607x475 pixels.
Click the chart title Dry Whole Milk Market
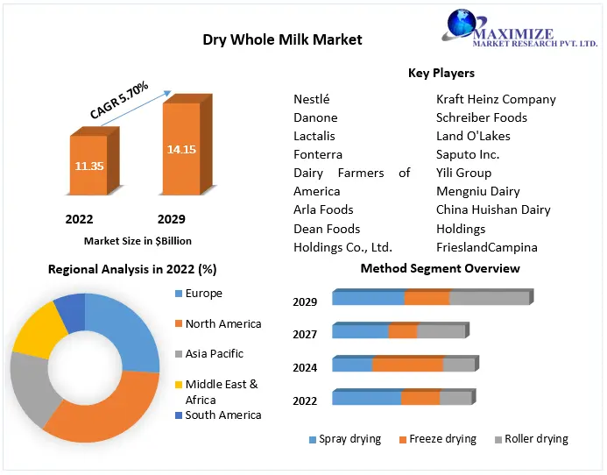coord(282,39)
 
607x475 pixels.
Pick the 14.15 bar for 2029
coord(180,149)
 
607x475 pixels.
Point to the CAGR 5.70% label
coord(120,100)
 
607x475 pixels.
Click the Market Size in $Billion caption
coord(138,240)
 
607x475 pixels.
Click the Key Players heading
coord(441,73)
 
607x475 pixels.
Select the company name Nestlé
coord(312,99)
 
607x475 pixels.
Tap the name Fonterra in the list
coord(318,154)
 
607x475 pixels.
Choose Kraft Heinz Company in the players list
coord(496,99)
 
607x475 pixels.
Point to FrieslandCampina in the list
coord(487,247)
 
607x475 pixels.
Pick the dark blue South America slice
coord(70,311)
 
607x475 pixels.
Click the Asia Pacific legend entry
coord(214,354)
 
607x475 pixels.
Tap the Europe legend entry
coord(203,294)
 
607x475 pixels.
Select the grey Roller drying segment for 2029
coord(489,298)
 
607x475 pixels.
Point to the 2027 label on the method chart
coord(305,334)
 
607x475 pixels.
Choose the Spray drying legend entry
coord(349,439)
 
